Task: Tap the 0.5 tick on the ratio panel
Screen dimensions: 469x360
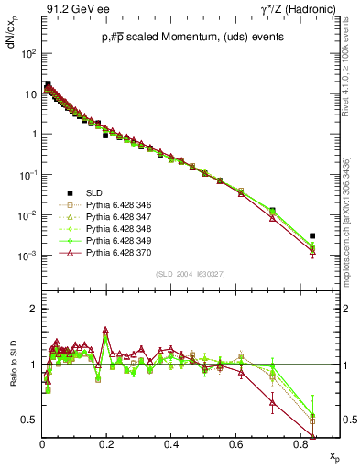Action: (x=31, y=420)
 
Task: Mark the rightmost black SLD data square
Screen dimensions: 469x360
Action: (x=312, y=235)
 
